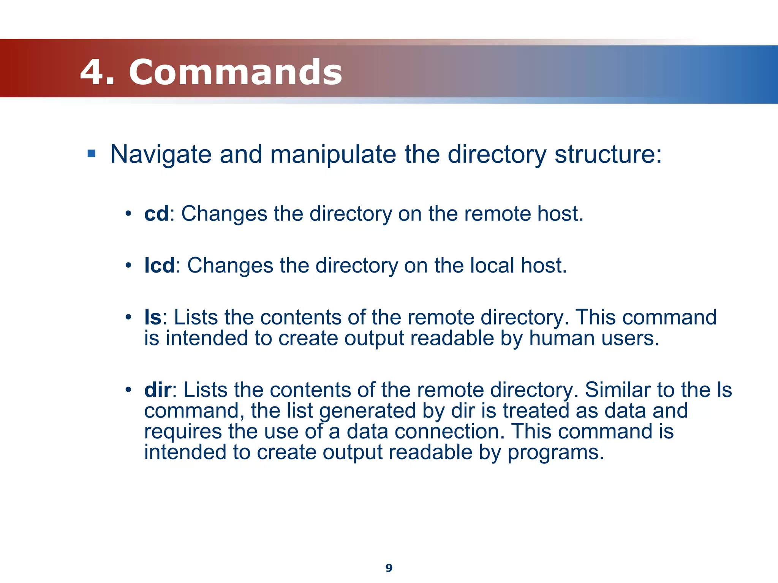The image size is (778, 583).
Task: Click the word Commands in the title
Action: tap(236, 72)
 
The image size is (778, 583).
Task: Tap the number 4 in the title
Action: tap(92, 72)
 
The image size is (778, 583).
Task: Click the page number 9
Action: tap(389, 568)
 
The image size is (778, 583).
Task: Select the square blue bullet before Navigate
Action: tap(91, 154)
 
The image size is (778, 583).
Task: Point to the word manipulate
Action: tap(333, 155)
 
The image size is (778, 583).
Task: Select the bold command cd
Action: tap(156, 214)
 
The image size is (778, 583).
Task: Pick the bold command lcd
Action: tap(159, 265)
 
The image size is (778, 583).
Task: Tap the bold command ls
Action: tap(153, 317)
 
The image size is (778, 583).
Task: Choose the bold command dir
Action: tap(158, 390)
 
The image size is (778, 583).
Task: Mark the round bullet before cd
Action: tap(128, 214)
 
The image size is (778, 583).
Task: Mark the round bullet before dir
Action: tap(128, 390)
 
